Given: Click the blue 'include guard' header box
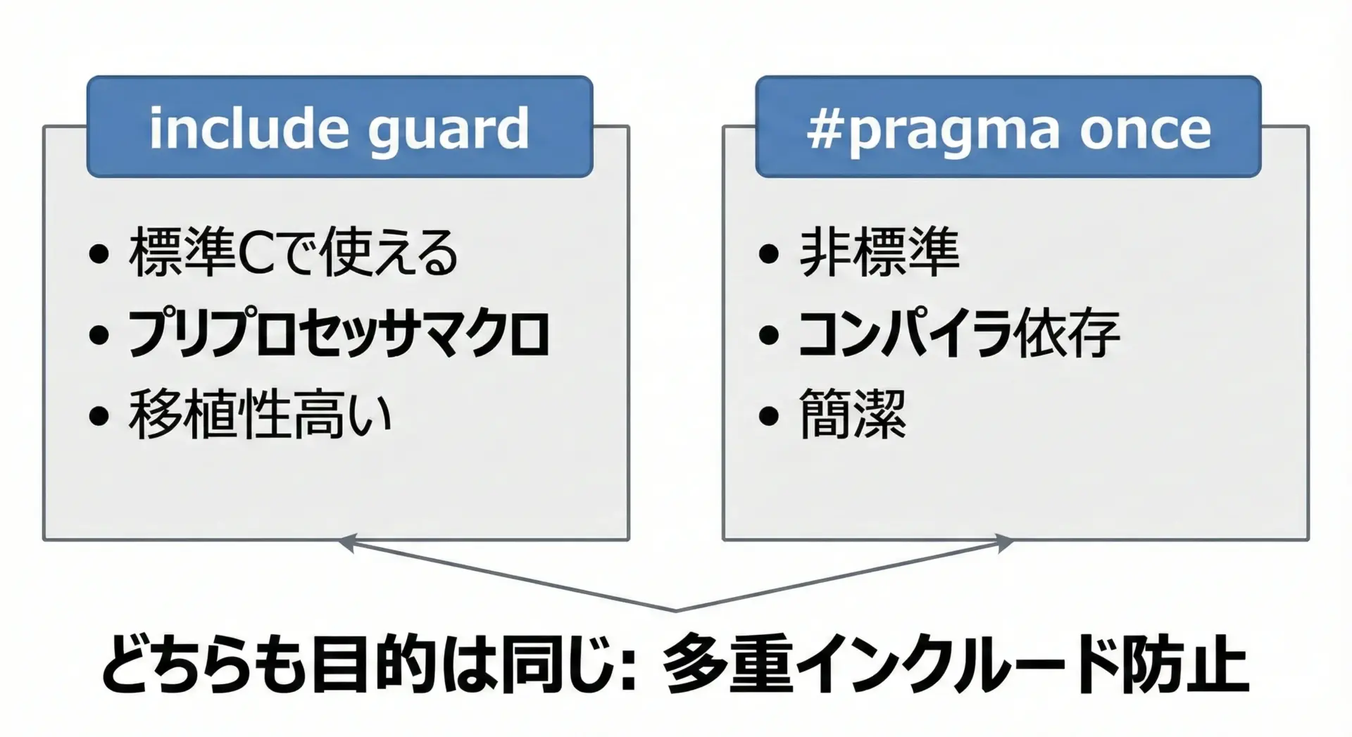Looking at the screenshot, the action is coord(339,127).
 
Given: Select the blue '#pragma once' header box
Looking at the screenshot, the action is coord(1008,127).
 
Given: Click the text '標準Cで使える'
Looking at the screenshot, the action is coord(294,252).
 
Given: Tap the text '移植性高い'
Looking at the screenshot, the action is coord(260,414).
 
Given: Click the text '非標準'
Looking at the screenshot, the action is coord(880,251).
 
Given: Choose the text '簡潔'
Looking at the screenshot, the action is coord(853,414).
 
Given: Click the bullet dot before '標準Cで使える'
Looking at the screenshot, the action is coord(99,254).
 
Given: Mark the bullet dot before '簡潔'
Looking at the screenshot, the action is coord(769,416).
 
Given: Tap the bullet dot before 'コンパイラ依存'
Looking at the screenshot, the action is coord(769,335).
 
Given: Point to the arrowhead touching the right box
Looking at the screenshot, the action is coord(1004,543).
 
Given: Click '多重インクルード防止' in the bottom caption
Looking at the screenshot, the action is coord(956,665).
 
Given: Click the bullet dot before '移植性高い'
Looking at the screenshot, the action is coord(99,416).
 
